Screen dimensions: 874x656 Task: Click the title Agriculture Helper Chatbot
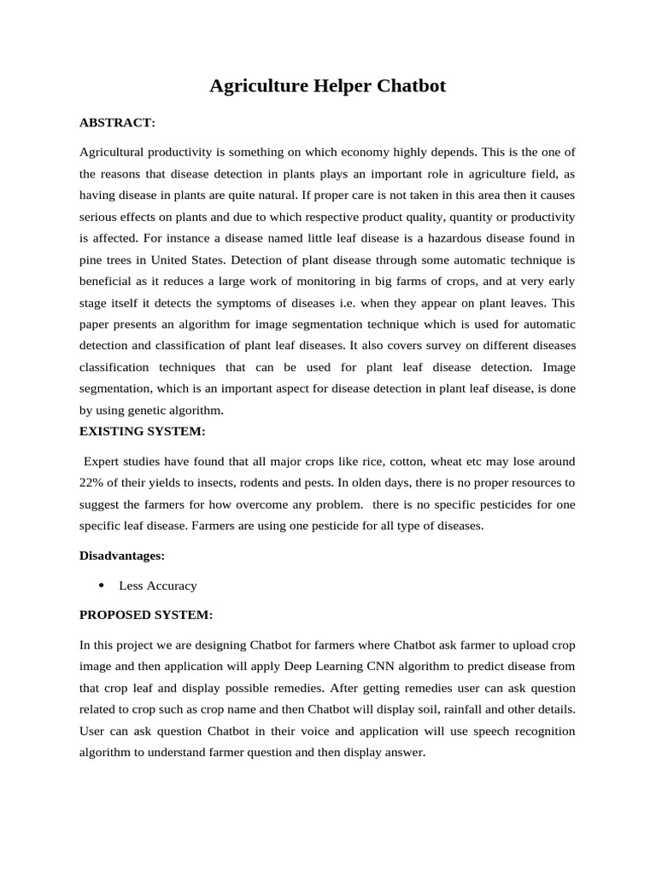pos(328,86)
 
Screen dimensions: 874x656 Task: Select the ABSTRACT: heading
pos(117,123)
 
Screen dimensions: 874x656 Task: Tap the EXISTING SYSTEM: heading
pos(142,431)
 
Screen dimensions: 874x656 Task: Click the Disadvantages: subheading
pos(121,556)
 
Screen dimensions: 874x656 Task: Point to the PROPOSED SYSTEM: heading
pos(146,615)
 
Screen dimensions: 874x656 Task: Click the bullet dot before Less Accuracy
pos(101,586)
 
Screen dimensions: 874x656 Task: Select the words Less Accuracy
pos(158,586)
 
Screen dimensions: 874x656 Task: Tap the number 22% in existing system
pos(92,482)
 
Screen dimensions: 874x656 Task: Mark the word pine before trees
pos(92,260)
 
